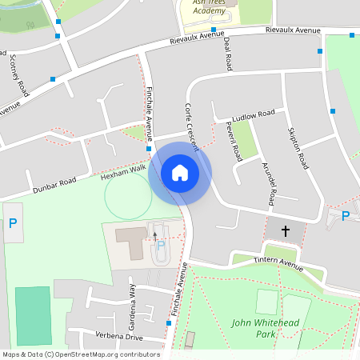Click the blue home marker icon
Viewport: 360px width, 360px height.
pos(180,173)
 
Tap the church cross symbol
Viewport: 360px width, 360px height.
pos(286,230)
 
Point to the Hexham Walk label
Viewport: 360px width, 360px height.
pos(123,171)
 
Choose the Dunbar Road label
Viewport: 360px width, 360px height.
pos(54,186)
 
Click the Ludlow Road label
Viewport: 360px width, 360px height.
pos(255,115)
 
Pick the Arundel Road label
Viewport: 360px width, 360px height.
pos(270,180)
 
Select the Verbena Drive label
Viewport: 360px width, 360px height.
pos(118,337)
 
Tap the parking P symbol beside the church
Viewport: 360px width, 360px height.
pos(346,216)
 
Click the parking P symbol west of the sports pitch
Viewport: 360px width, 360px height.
pos(13,224)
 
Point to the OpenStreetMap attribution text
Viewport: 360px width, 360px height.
pos(80,354)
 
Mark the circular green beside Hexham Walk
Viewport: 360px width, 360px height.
pos(127,196)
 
